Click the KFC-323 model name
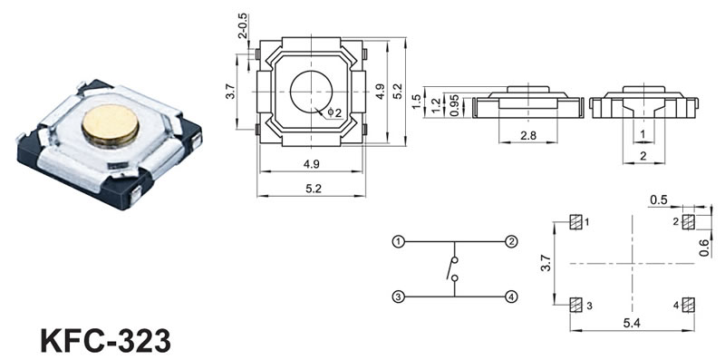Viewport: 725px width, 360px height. [x=105, y=342]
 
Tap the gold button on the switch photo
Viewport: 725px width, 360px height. [x=111, y=125]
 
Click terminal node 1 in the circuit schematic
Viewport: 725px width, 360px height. [x=398, y=241]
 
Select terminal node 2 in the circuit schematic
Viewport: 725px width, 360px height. [x=511, y=241]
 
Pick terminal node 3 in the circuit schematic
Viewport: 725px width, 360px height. [x=398, y=297]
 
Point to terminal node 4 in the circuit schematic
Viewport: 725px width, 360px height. [x=511, y=297]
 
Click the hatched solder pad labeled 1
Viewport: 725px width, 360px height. [x=575, y=222]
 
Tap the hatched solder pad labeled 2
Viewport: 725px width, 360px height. [x=689, y=222]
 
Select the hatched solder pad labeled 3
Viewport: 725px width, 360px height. [x=575, y=305]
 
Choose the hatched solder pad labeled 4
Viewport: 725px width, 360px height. [x=689, y=305]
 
